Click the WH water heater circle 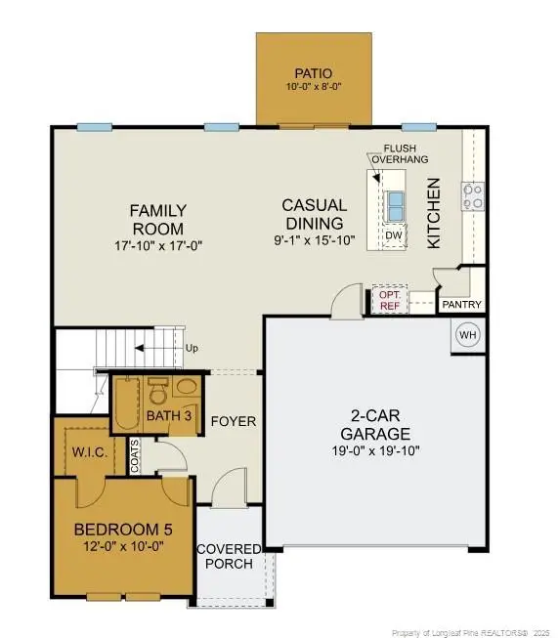point(468,335)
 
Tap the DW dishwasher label point(394,235)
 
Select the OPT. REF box point(390,300)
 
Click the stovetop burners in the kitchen point(473,196)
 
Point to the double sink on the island point(395,206)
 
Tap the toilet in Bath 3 point(157,390)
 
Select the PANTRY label point(461,305)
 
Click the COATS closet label point(134,455)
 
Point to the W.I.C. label point(90,452)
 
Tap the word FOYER point(234,421)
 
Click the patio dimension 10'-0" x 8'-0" point(314,86)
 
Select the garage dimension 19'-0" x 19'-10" point(375,450)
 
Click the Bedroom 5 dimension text point(123,546)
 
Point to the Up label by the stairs point(192,348)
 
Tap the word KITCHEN point(434,213)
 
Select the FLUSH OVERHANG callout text point(400,153)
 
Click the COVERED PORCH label point(229,556)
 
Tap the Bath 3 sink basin point(187,386)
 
